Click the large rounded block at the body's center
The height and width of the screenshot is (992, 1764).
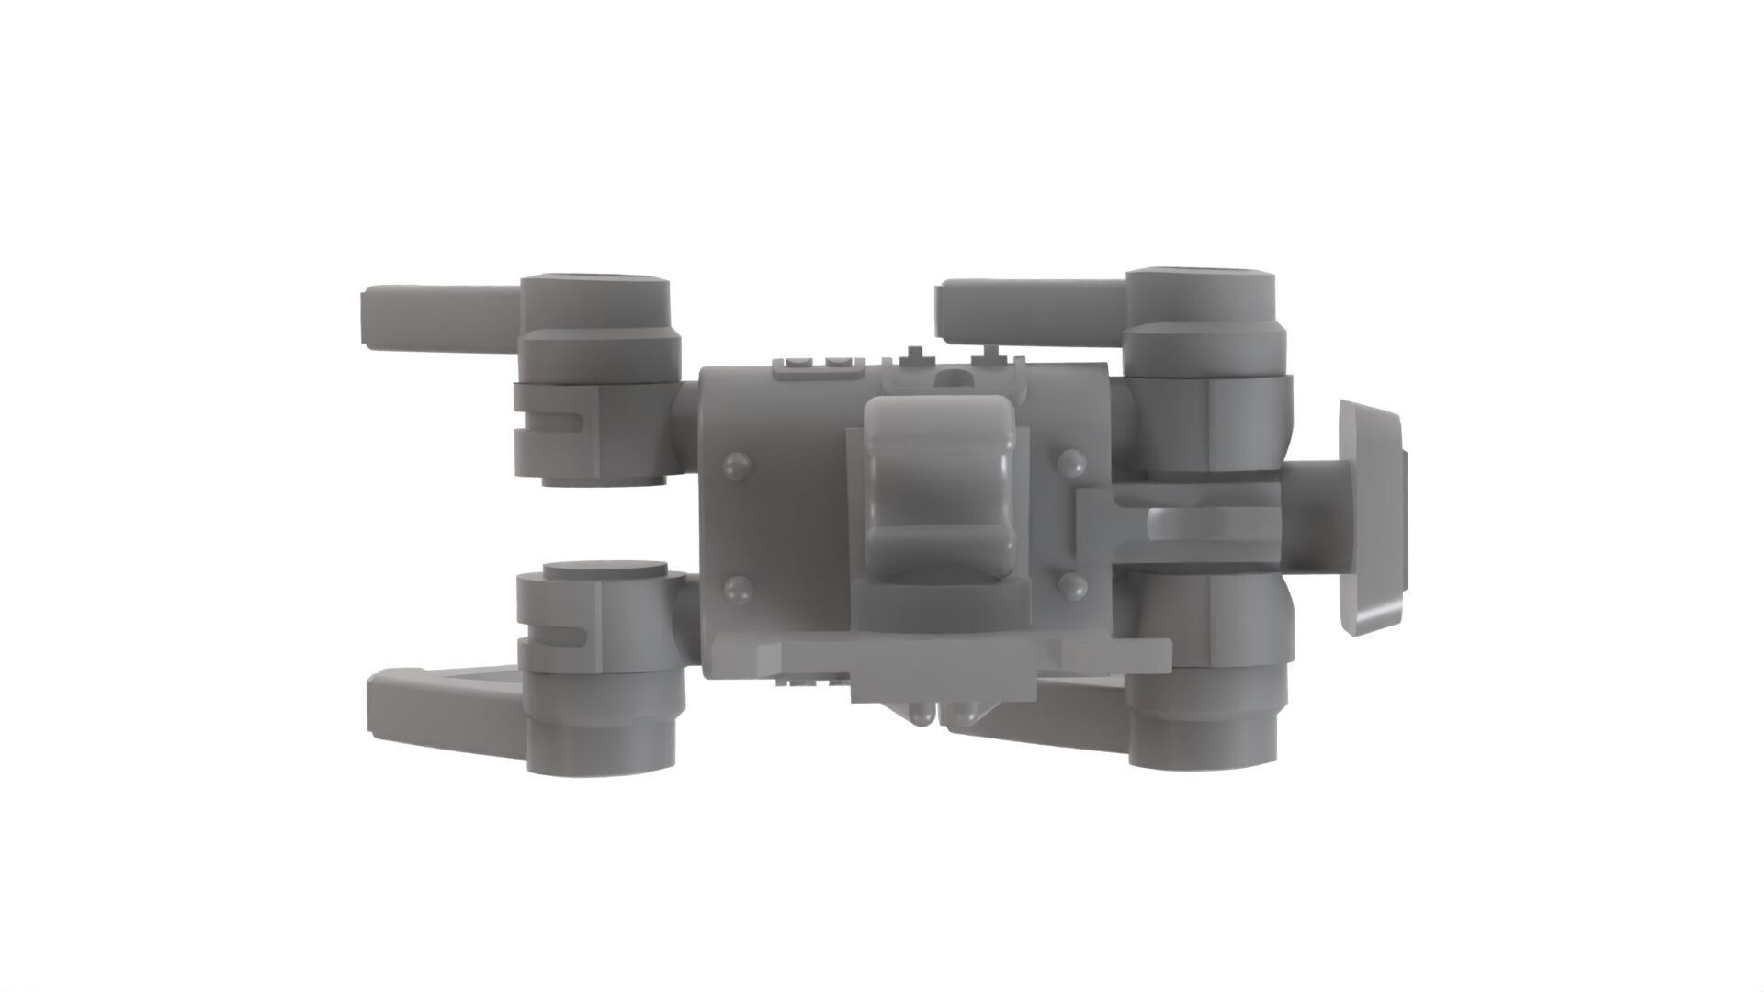[x=942, y=487]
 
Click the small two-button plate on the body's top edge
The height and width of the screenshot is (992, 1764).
[x=820, y=368]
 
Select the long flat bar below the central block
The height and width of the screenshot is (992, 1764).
[x=937, y=653]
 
